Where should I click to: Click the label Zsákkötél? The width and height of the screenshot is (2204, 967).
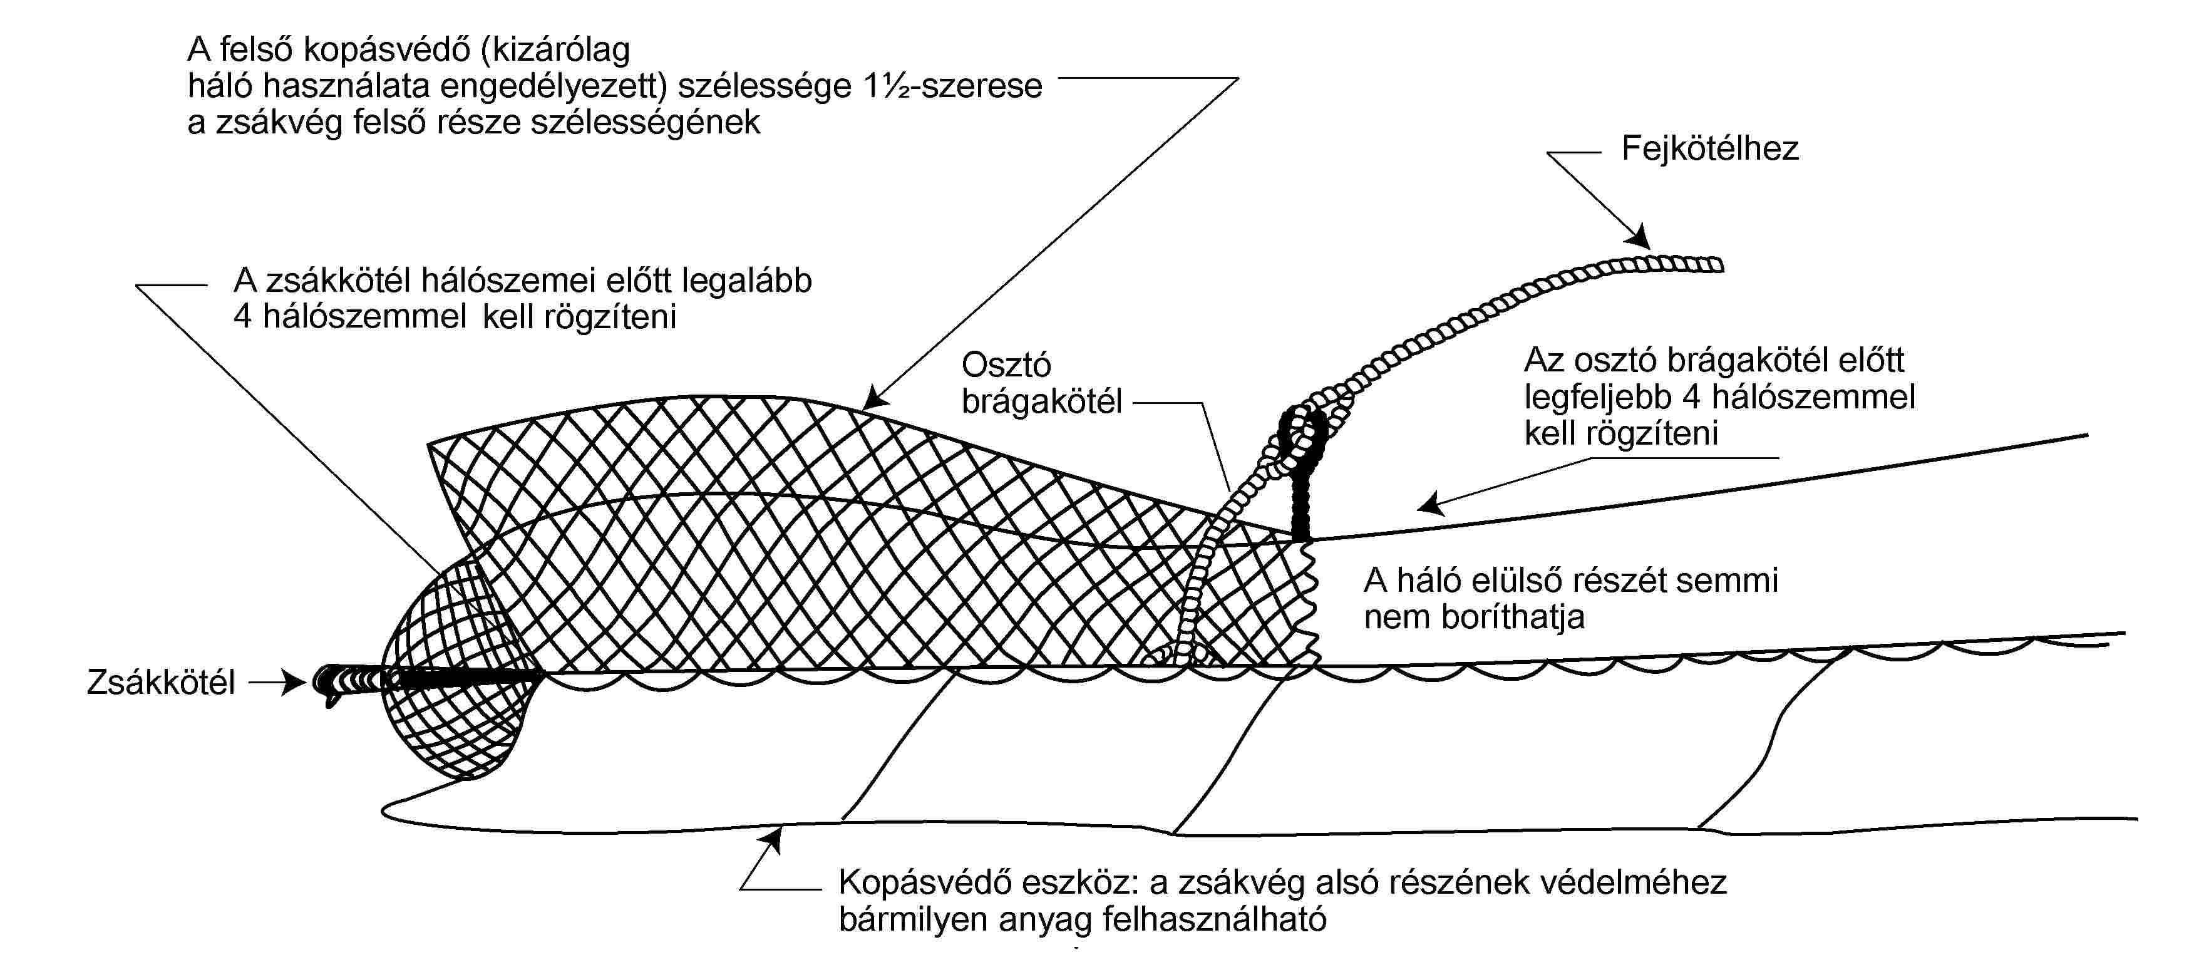pyautogui.click(x=161, y=683)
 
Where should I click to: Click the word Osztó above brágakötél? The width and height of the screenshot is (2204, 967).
pyautogui.click(x=1006, y=365)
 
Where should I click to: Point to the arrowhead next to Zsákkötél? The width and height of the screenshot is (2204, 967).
pyautogui.click(x=294, y=683)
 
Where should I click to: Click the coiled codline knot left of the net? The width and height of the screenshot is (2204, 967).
pyautogui.click(x=351, y=683)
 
